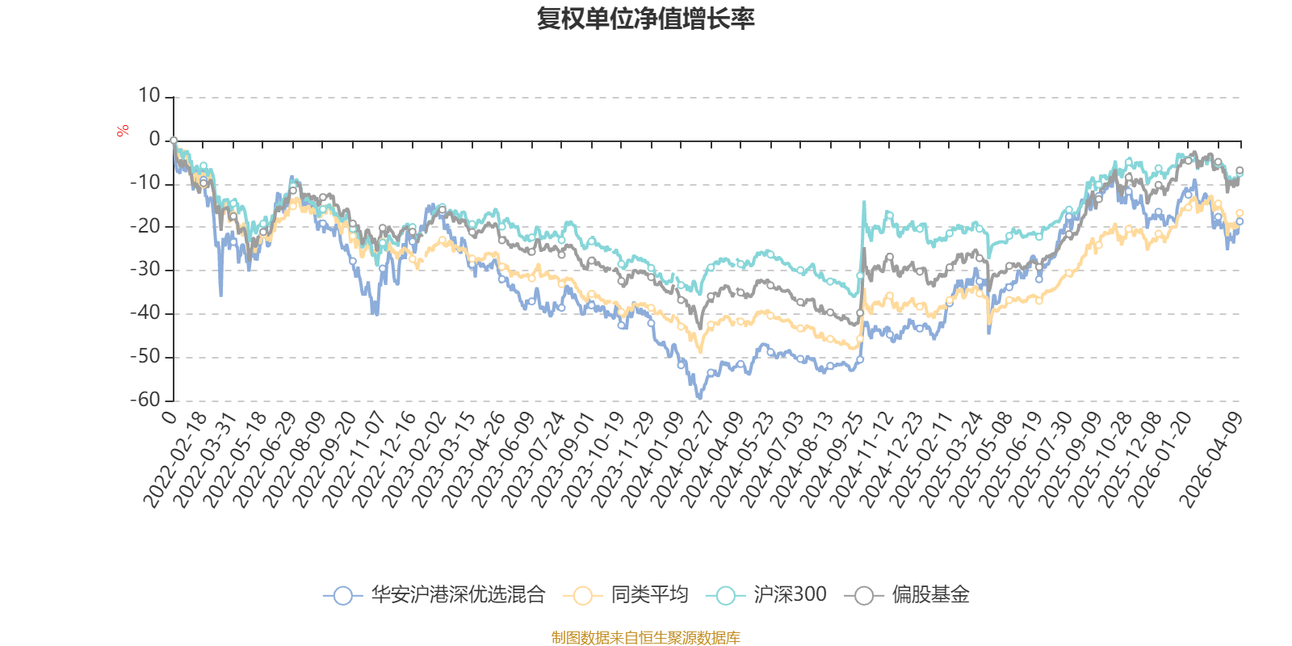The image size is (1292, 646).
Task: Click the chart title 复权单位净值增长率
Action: pos(645,18)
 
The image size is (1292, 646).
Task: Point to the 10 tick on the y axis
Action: pos(149,96)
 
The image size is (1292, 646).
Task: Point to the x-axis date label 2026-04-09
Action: pos(1211,460)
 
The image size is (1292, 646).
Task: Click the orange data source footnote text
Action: pos(645,638)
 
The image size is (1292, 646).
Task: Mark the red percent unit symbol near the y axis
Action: pos(123,131)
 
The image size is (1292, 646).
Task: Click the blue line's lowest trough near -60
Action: pos(699,397)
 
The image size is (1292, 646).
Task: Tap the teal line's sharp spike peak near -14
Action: pos(864,202)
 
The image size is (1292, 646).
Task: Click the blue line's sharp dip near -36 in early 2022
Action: pos(221,296)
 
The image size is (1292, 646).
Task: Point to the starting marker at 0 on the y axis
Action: pos(174,141)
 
